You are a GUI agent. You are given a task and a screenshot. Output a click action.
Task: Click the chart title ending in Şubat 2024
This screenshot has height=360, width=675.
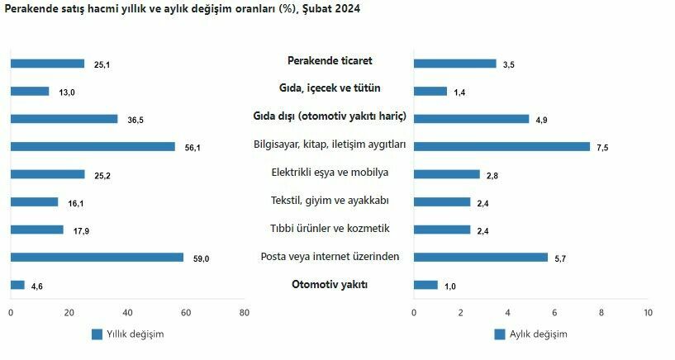pyautogui.click(x=182, y=8)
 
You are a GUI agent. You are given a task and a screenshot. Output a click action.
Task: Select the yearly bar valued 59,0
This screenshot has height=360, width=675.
pyautogui.click(x=97, y=257)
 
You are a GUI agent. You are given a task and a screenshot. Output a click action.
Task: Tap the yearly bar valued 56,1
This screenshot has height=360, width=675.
pyautogui.click(x=93, y=146)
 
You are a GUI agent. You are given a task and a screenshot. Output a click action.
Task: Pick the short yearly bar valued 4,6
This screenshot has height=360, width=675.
pyautogui.click(x=17, y=285)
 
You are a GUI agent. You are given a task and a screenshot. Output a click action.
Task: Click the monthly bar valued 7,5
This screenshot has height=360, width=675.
pyautogui.click(x=501, y=146)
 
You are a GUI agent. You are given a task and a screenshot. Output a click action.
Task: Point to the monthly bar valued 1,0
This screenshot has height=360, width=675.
pyautogui.click(x=425, y=285)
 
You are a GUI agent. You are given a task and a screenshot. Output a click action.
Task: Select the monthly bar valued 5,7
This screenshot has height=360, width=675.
pyautogui.click(x=480, y=257)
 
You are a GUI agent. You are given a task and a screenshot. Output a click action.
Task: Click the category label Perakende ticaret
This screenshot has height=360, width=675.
pyautogui.click(x=330, y=60)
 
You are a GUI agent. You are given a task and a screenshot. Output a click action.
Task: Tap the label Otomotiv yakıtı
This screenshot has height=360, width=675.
pyautogui.click(x=330, y=285)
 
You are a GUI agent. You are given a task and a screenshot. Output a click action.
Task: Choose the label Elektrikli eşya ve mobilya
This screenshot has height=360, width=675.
pyautogui.click(x=330, y=173)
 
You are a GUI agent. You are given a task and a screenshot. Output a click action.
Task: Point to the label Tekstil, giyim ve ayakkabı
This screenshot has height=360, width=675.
pyautogui.click(x=330, y=201)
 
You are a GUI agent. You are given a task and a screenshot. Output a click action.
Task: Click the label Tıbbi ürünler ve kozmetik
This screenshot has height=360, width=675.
pyautogui.click(x=330, y=229)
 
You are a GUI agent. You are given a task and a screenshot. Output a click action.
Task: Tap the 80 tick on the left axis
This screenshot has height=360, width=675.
pyautogui.click(x=244, y=312)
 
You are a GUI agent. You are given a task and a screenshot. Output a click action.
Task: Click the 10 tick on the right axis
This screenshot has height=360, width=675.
pyautogui.click(x=648, y=312)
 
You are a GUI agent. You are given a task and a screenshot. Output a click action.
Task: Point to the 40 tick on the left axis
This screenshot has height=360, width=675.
pyautogui.click(x=127, y=312)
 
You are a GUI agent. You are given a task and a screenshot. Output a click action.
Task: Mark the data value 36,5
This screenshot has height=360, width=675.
pyautogui.click(x=135, y=120)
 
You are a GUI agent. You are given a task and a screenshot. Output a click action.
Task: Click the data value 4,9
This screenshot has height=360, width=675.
pyautogui.click(x=542, y=120)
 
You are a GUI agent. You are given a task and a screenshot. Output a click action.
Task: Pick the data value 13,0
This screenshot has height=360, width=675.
pyautogui.click(x=66, y=92)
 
